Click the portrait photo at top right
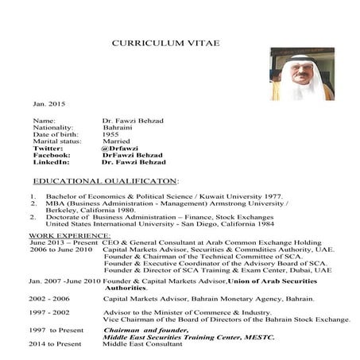(301, 74)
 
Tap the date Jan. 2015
(47, 104)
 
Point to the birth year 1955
(110, 134)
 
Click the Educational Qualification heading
(106, 181)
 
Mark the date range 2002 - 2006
(50, 299)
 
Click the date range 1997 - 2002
(50, 313)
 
